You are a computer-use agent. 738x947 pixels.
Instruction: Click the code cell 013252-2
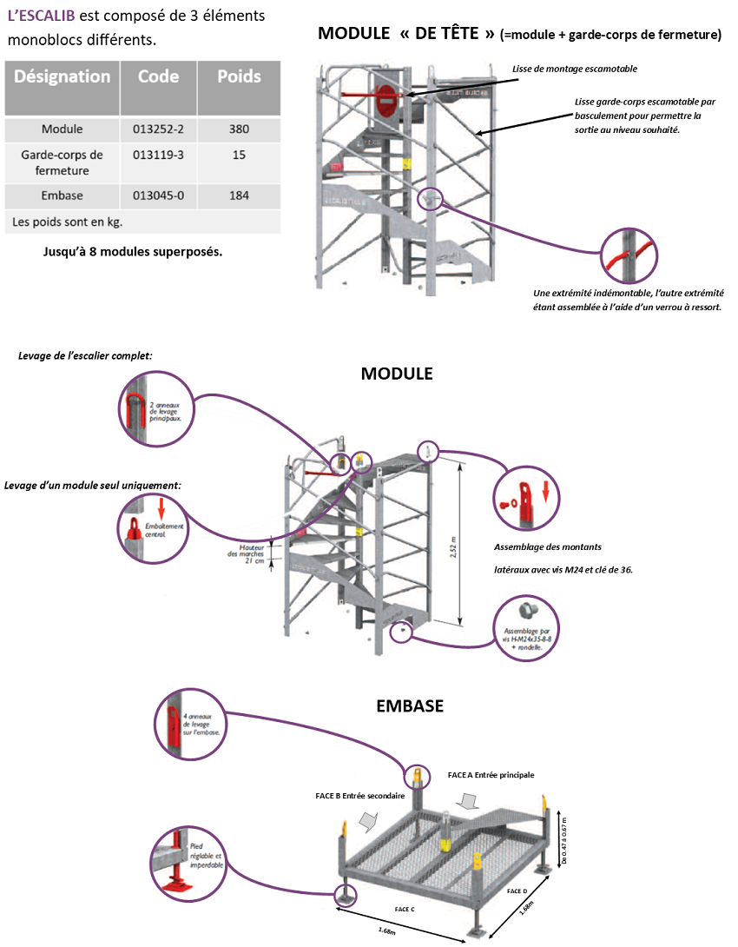pos(159,129)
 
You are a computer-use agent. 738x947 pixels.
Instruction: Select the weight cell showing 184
pos(239,195)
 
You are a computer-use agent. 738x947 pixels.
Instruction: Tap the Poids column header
pos(239,76)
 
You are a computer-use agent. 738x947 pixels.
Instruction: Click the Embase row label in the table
pos(63,195)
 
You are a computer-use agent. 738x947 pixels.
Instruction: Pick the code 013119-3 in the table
pos(159,155)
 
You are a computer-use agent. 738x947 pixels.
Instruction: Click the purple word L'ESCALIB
pos(40,17)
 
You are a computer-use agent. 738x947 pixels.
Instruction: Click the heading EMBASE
pos(410,706)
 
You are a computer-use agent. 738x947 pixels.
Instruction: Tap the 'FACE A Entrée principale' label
pos(491,774)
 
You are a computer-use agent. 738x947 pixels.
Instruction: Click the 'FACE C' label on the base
pos(405,908)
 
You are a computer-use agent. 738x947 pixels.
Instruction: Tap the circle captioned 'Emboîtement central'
pos(156,521)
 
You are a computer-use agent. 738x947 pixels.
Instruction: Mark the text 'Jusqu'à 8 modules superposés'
pos(132,253)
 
